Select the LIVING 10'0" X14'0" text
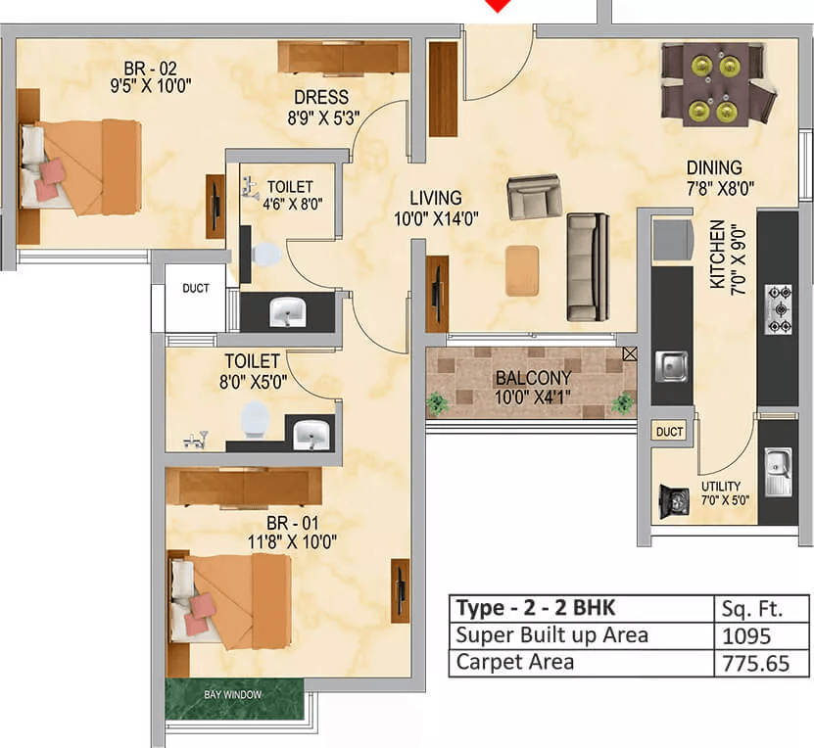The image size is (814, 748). (x=436, y=208)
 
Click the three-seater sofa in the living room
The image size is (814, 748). (x=588, y=267)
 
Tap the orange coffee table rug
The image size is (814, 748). (x=521, y=270)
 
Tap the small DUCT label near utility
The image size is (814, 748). (x=670, y=432)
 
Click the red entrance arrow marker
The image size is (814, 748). (x=501, y=6)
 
